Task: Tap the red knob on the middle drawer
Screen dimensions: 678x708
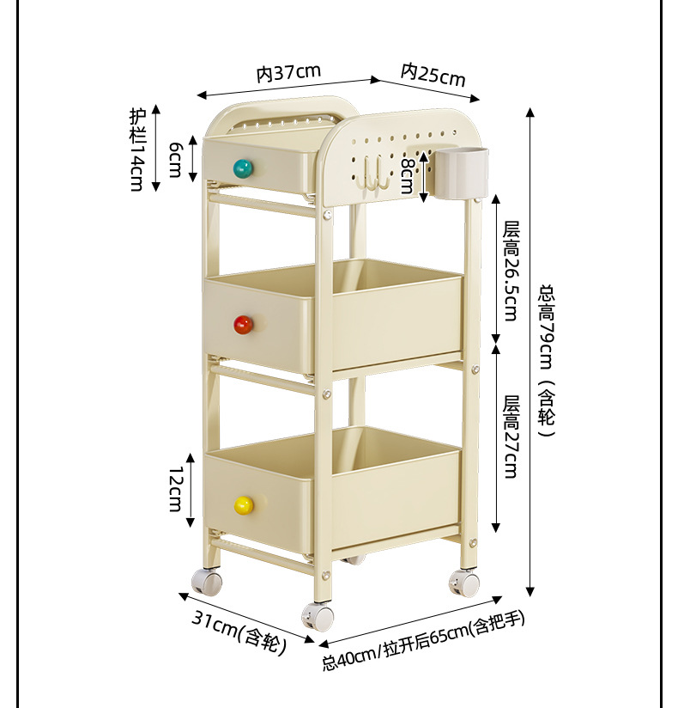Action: pos(244,324)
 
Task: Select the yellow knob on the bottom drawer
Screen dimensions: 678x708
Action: pos(244,505)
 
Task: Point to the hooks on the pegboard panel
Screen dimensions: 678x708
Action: pos(374,172)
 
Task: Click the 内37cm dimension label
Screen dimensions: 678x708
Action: pos(288,72)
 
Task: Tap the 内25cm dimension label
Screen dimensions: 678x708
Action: pos(433,75)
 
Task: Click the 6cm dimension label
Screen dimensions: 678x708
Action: pos(175,159)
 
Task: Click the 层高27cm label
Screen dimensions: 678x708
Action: pos(512,436)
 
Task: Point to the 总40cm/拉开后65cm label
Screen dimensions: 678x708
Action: pos(423,640)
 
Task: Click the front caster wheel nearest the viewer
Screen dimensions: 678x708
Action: pos(318,616)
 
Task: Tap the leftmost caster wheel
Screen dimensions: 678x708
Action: pos(207,582)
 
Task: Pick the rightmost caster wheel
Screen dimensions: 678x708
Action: pos(466,583)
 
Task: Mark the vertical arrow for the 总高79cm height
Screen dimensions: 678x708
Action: pos(530,352)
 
